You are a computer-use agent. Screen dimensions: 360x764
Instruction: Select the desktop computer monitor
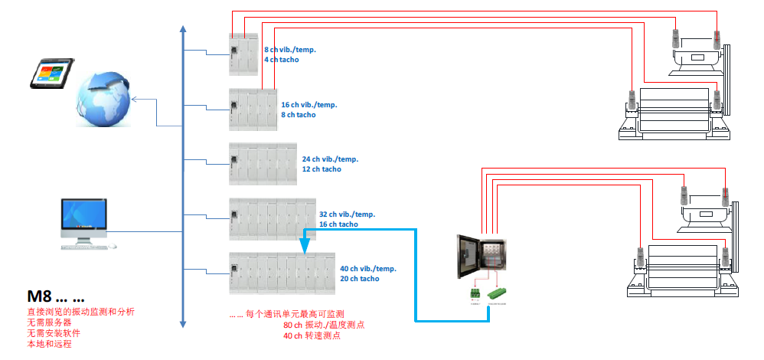[84, 217]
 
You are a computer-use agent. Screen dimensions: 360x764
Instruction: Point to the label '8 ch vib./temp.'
[290, 50]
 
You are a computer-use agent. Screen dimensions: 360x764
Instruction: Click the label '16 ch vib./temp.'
[309, 105]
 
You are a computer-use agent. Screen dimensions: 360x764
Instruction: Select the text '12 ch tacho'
[322, 169]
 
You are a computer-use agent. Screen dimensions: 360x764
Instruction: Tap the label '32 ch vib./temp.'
[347, 214]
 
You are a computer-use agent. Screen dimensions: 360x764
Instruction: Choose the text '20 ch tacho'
[359, 279]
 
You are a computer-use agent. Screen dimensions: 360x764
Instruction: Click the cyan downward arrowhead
[304, 246]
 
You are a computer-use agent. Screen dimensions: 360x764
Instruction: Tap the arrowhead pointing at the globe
[133, 99]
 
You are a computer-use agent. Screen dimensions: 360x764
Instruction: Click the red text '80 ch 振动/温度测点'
[324, 325]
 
